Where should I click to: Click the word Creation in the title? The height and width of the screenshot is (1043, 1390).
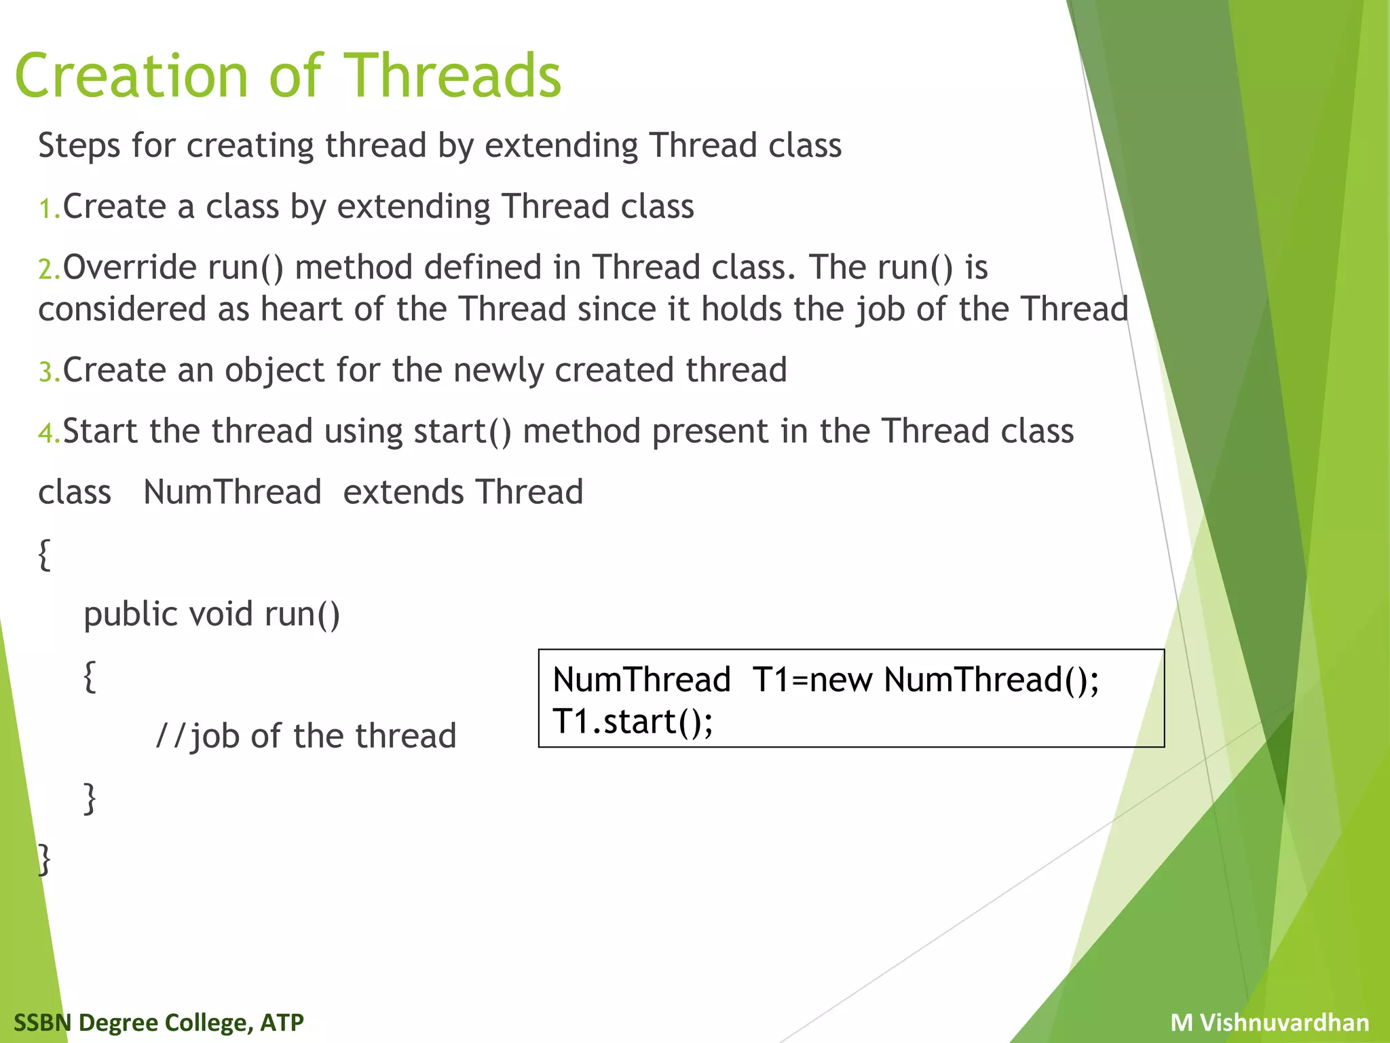coord(132,76)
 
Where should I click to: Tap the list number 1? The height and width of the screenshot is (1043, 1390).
coord(48,208)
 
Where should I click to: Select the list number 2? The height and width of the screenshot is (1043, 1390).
coord(48,270)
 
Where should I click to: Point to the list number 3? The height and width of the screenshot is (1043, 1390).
coord(48,372)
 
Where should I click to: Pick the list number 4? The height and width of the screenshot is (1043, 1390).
coord(48,433)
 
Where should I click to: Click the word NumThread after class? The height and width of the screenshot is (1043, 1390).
coord(232,492)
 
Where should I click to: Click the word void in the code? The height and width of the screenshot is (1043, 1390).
coord(221,614)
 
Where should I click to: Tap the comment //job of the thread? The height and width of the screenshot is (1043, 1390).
coord(306,736)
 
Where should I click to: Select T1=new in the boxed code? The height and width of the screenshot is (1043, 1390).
coord(812,680)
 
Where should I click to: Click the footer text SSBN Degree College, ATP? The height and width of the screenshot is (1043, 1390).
coord(159,1022)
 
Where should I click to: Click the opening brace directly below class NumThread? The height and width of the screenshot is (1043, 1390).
coord(45,555)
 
